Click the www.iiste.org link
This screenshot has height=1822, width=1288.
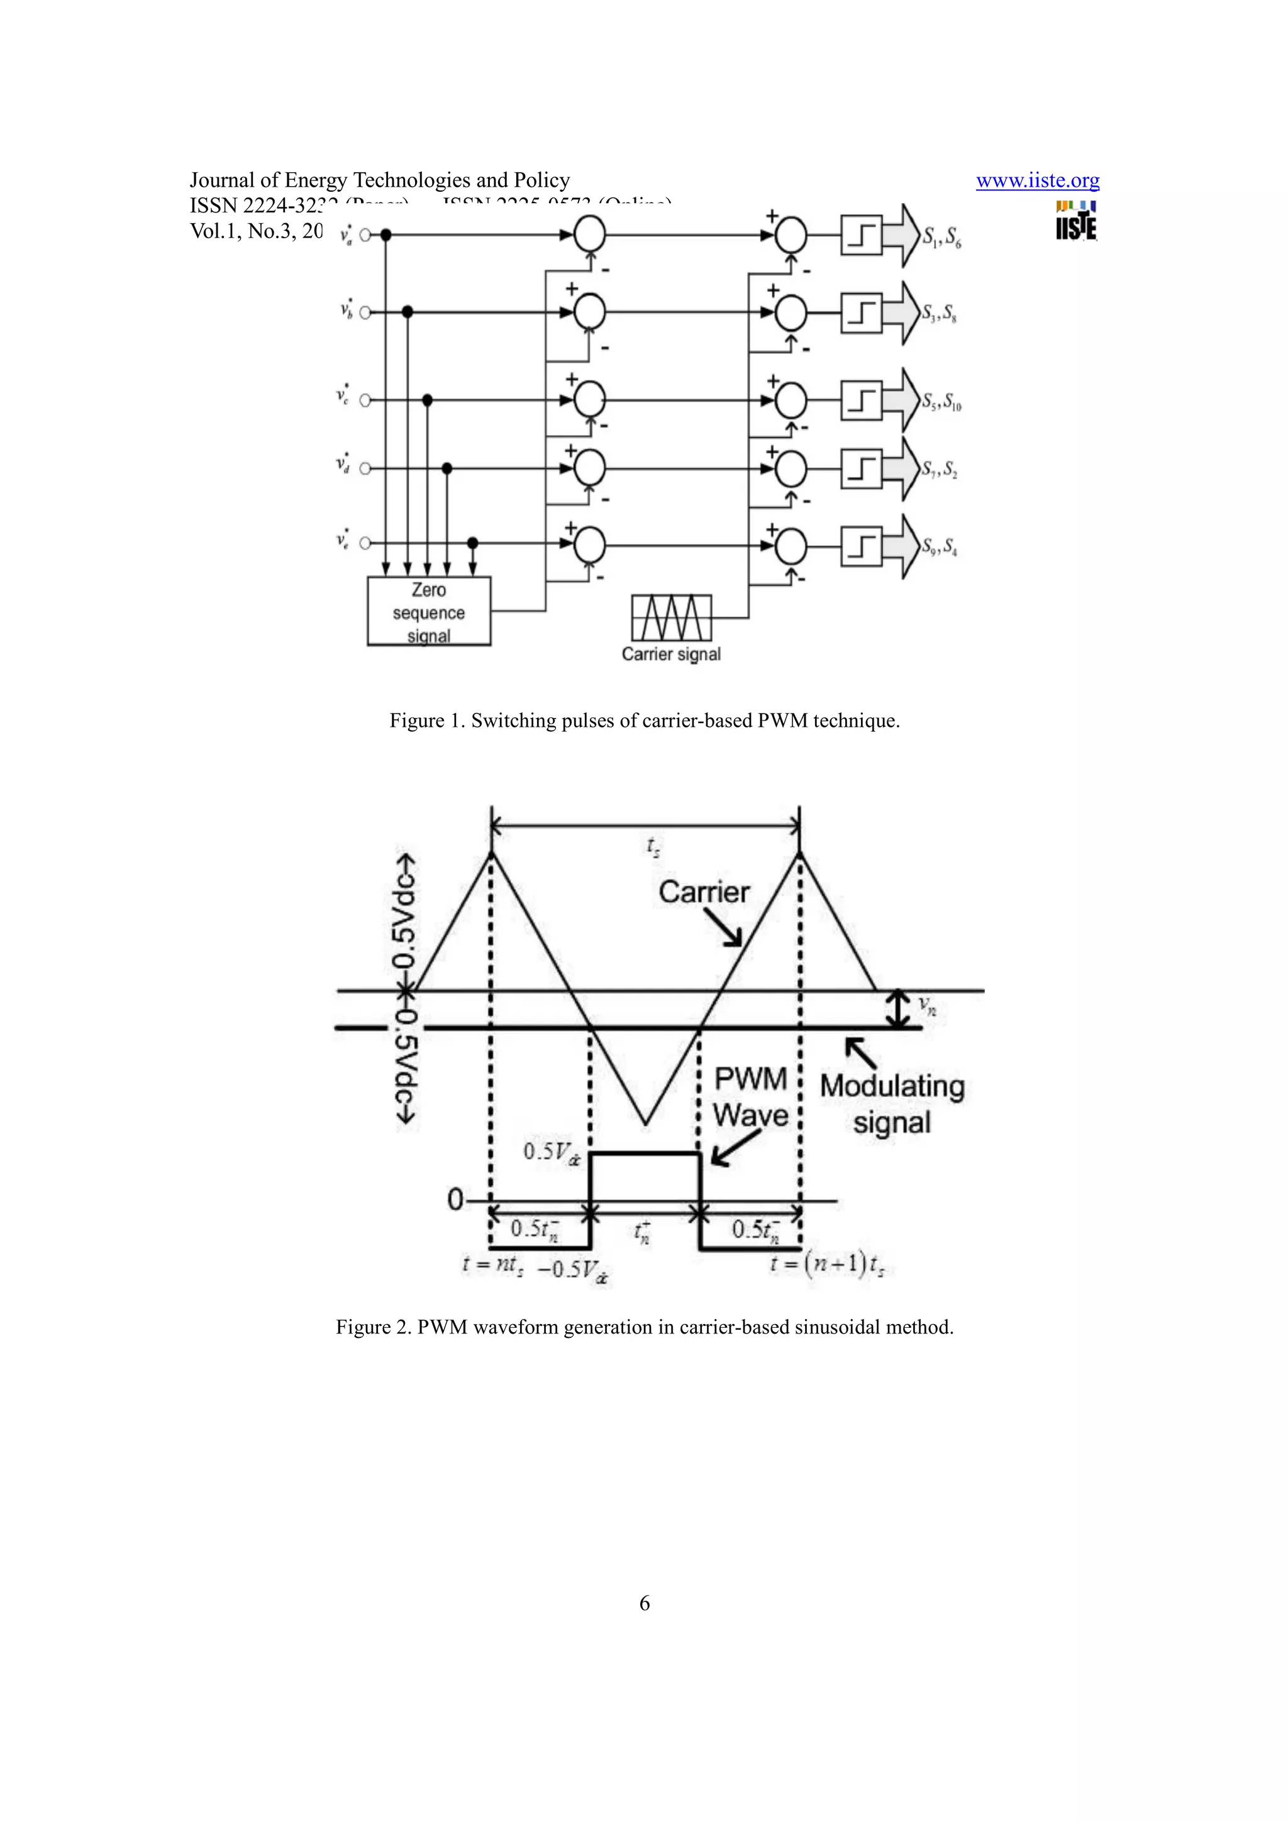point(1037,181)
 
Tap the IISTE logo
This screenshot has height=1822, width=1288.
point(1076,221)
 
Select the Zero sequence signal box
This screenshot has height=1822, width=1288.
point(428,611)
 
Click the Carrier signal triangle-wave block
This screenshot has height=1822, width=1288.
point(672,617)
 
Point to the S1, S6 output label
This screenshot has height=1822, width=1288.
point(941,236)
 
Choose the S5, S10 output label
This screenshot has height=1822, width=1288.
point(941,402)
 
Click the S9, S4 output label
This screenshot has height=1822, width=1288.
point(940,547)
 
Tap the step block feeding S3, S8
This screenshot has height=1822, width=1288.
point(861,312)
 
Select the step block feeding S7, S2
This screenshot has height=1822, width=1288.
point(861,469)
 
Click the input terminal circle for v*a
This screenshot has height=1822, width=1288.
point(366,235)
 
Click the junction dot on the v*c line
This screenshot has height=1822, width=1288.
point(427,400)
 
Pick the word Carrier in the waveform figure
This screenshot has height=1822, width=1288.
point(704,892)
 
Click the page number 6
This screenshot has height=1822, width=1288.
point(645,1603)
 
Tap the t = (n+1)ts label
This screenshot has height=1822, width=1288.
point(827,1263)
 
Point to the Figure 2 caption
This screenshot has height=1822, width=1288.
point(645,1327)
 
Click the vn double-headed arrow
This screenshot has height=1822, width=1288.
point(898,1010)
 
